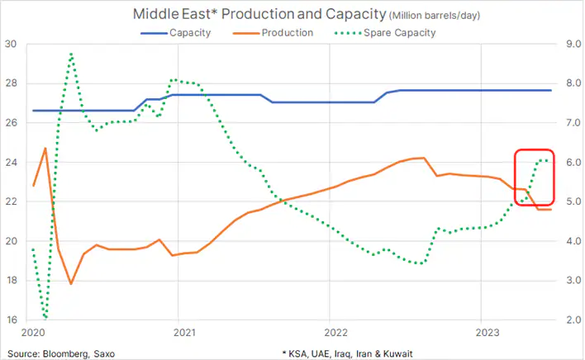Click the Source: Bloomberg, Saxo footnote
(59, 353)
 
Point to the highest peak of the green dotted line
(72, 54)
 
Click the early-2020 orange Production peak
(45, 149)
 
